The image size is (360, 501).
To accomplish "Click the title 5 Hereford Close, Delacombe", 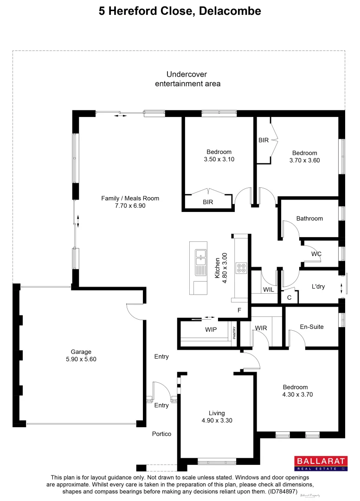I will click(x=180, y=11).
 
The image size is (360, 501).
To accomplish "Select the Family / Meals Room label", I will click(x=130, y=198).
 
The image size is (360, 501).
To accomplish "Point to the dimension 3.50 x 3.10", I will click(x=219, y=159).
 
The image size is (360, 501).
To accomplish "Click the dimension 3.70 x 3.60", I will click(x=304, y=161).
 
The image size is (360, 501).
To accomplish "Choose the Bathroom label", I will click(x=309, y=218).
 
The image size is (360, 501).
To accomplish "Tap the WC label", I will click(x=316, y=254).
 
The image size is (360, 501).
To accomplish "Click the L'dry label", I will click(x=318, y=287).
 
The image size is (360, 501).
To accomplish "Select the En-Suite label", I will click(x=311, y=327).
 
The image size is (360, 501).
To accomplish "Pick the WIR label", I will click(x=261, y=328).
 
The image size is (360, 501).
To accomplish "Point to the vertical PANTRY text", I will click(x=234, y=333).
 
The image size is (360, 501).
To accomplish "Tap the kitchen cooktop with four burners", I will click(x=241, y=268).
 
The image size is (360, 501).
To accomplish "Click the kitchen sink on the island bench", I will click(x=201, y=255).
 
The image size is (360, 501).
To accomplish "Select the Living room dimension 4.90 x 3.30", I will click(x=217, y=420).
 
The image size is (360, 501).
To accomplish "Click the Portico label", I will click(x=161, y=434).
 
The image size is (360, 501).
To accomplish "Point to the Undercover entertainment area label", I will click(x=187, y=79).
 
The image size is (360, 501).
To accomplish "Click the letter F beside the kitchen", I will click(x=240, y=310).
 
